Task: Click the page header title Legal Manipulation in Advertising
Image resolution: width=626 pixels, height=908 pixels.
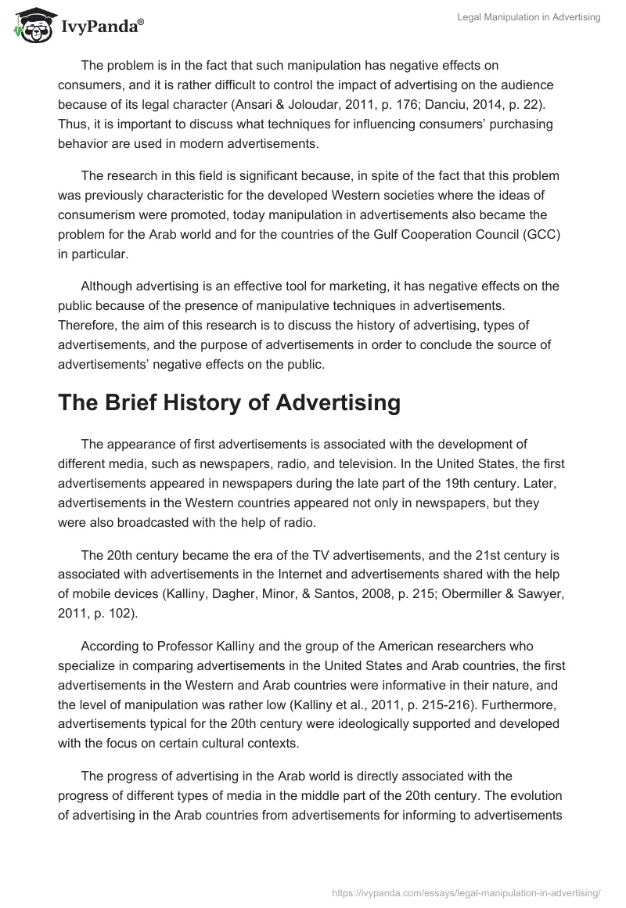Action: pos(528,17)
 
